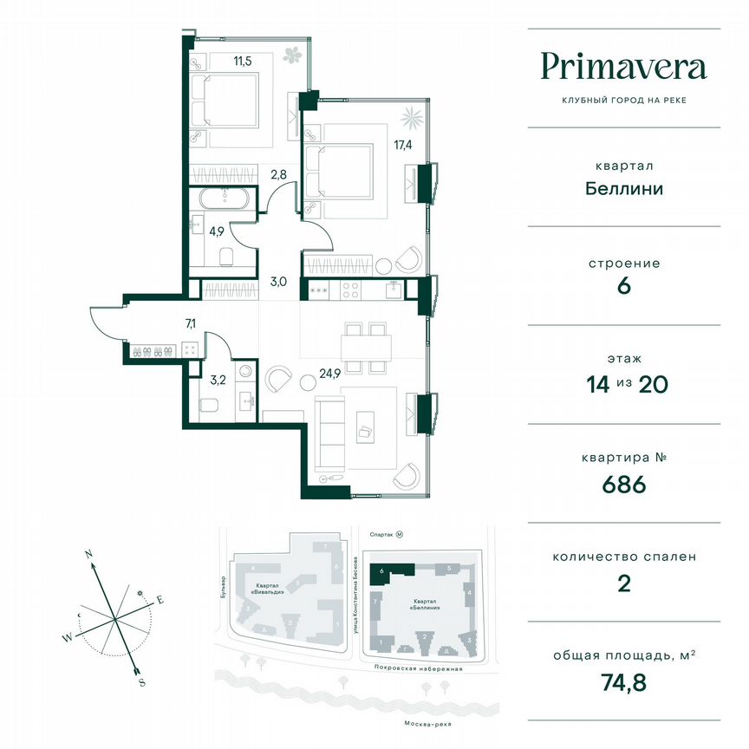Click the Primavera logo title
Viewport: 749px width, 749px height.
point(623,66)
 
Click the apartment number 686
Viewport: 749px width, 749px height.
point(623,485)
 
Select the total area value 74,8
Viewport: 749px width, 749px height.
point(623,684)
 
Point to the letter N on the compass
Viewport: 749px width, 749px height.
point(88,552)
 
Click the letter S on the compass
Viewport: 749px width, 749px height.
point(140,682)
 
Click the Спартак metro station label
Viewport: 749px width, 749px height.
point(381,536)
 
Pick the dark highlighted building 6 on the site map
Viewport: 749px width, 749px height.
point(389,570)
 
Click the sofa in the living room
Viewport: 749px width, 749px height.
point(330,432)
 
